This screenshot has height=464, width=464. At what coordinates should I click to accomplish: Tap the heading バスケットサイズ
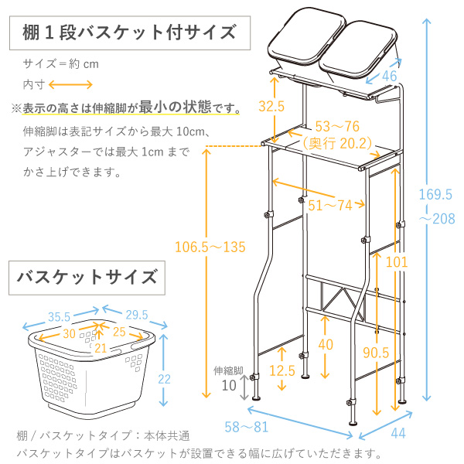(x=86, y=276)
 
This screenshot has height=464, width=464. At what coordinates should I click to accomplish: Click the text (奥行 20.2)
(x=337, y=142)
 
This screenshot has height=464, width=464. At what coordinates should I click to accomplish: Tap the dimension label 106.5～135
(x=210, y=247)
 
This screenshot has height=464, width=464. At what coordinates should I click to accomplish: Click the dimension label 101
(x=396, y=262)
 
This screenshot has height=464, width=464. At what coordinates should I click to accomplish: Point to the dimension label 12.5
(x=282, y=371)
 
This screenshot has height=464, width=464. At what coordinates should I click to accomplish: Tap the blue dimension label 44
(x=398, y=434)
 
